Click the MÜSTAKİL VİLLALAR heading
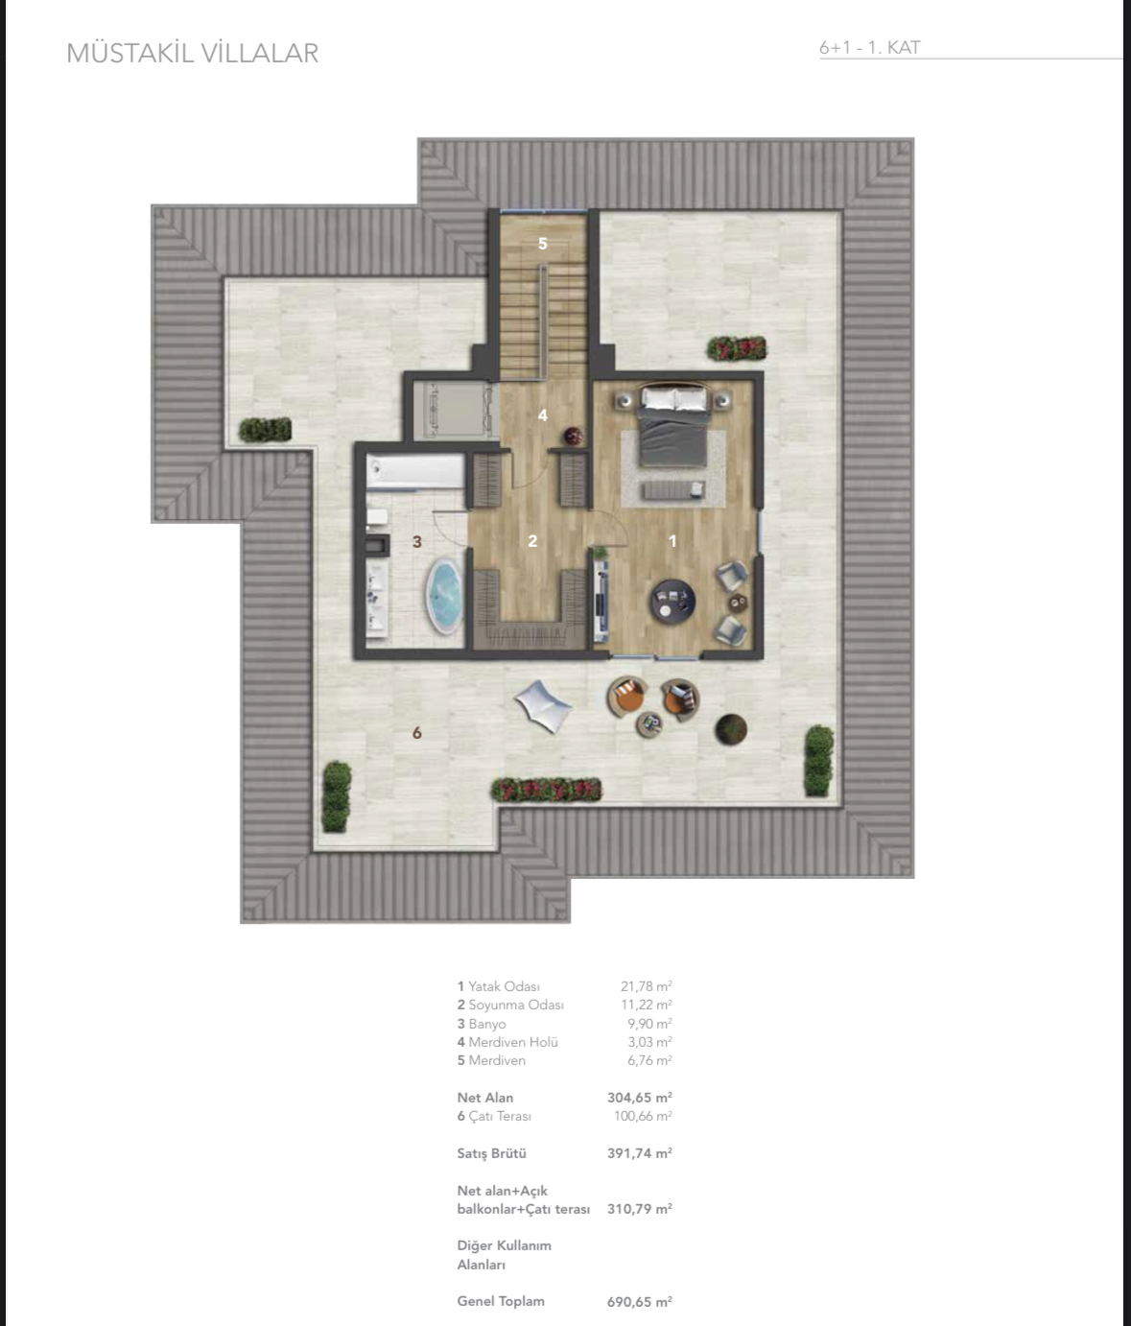(x=192, y=53)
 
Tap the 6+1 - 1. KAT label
(x=869, y=47)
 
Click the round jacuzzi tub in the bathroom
(x=444, y=597)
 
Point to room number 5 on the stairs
(x=542, y=244)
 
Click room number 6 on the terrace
(x=416, y=733)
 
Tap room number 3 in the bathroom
(x=416, y=542)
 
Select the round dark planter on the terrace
(x=731, y=729)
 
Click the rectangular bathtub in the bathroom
(x=414, y=472)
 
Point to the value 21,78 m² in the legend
(x=646, y=986)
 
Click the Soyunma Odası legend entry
(x=510, y=1005)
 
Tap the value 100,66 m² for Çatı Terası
(x=642, y=1116)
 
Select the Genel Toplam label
(x=501, y=1301)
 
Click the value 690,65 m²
(x=639, y=1302)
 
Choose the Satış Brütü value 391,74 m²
(x=639, y=1153)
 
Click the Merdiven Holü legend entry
(x=507, y=1042)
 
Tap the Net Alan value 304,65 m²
(x=639, y=1098)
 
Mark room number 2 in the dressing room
(x=532, y=541)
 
